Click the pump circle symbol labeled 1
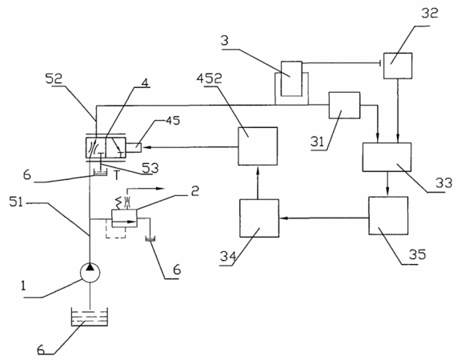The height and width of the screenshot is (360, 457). click(x=90, y=273)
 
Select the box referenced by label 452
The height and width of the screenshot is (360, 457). click(x=258, y=146)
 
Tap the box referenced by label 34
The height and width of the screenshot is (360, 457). click(x=259, y=218)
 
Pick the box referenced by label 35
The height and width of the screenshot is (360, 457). click(x=388, y=215)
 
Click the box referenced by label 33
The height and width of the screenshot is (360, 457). click(x=387, y=157)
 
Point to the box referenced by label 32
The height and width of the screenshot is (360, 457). click(x=398, y=66)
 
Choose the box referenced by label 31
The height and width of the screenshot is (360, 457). click(x=344, y=106)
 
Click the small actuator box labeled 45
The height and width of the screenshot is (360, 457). click(x=134, y=147)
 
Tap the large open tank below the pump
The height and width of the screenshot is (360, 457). click(x=90, y=317)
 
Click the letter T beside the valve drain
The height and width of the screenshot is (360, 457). click(x=116, y=175)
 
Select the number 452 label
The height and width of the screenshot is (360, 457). click(x=209, y=78)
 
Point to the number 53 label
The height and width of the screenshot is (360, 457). click(x=150, y=168)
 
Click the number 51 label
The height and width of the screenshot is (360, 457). click(x=16, y=202)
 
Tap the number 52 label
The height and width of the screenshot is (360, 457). click(x=54, y=78)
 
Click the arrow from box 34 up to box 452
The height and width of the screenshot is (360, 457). click(x=258, y=182)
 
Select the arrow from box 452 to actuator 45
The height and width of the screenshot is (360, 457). click(x=190, y=147)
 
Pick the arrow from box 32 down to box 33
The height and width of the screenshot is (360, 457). click(x=398, y=110)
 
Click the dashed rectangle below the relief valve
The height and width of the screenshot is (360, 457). click(x=115, y=229)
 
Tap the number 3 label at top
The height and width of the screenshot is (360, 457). click(x=224, y=41)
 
